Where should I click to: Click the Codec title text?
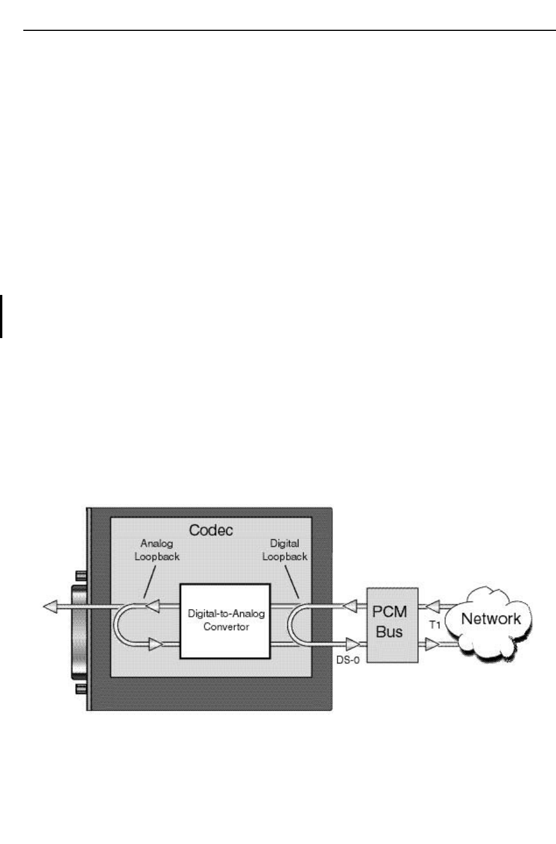pyautogui.click(x=211, y=530)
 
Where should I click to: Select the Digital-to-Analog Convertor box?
pyautogui.click(x=226, y=620)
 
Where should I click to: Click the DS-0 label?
pyautogui.click(x=347, y=660)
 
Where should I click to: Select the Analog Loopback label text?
pyautogui.click(x=157, y=550)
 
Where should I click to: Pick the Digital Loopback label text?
pyautogui.click(x=284, y=550)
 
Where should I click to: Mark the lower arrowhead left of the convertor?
pyautogui.click(x=155, y=644)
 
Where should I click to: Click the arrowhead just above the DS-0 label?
pyautogui.click(x=353, y=644)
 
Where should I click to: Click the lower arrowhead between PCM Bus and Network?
pyautogui.click(x=432, y=644)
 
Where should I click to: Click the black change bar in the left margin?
pyautogui.click(x=2, y=316)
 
